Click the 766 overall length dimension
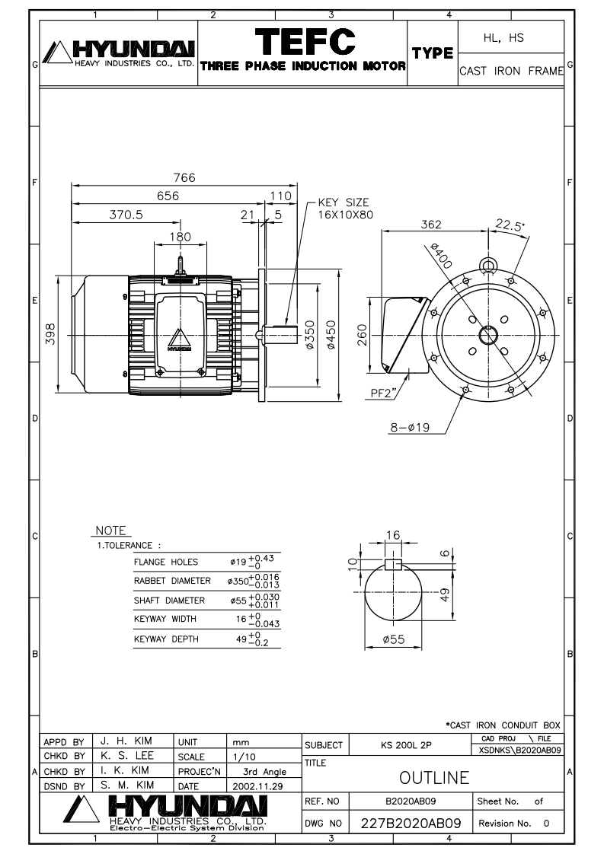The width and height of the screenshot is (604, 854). pyautogui.click(x=184, y=177)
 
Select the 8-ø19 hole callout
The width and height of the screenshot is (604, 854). pyautogui.click(x=411, y=427)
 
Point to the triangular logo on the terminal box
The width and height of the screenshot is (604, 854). pyautogui.click(x=181, y=338)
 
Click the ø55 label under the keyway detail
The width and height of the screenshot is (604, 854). pyautogui.click(x=393, y=639)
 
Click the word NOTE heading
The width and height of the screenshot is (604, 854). pyautogui.click(x=111, y=531)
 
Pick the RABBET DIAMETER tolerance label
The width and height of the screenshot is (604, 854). pyautogui.click(x=172, y=581)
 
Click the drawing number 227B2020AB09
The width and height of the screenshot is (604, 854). pyautogui.click(x=411, y=824)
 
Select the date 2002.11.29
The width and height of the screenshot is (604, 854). pyautogui.click(x=258, y=784)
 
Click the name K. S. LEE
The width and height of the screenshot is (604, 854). pyautogui.click(x=126, y=757)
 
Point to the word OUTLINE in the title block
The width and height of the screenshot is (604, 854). pyautogui.click(x=433, y=777)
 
